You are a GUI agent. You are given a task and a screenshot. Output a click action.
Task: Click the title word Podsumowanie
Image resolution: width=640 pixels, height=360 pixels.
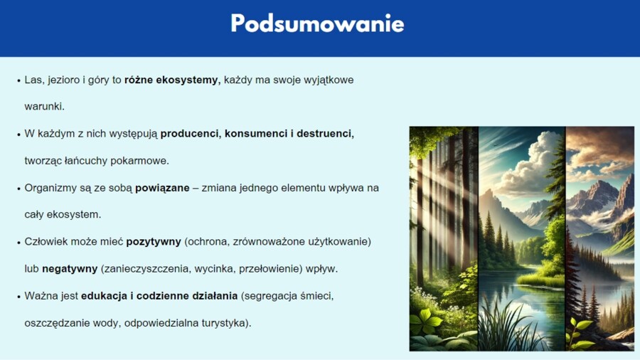(317, 24)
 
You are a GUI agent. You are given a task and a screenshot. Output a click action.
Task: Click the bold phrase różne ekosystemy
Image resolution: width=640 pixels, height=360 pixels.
(172, 80)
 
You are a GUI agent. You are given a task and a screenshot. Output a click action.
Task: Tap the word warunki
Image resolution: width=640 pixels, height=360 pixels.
(43, 107)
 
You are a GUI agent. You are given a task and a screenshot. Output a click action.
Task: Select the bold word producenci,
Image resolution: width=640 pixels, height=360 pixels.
(191, 134)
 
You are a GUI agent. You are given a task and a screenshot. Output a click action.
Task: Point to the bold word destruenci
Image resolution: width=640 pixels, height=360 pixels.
(325, 134)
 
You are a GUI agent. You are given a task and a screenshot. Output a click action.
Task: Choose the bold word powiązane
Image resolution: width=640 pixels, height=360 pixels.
(163, 188)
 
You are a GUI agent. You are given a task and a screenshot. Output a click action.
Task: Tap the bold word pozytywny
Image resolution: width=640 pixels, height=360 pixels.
(154, 242)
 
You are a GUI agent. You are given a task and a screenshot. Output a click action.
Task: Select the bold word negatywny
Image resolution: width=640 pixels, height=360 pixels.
(70, 269)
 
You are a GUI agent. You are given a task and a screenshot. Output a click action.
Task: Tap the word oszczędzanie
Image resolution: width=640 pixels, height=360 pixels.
(55, 323)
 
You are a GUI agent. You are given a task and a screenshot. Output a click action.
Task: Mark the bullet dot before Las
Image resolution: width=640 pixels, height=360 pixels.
(18, 80)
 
